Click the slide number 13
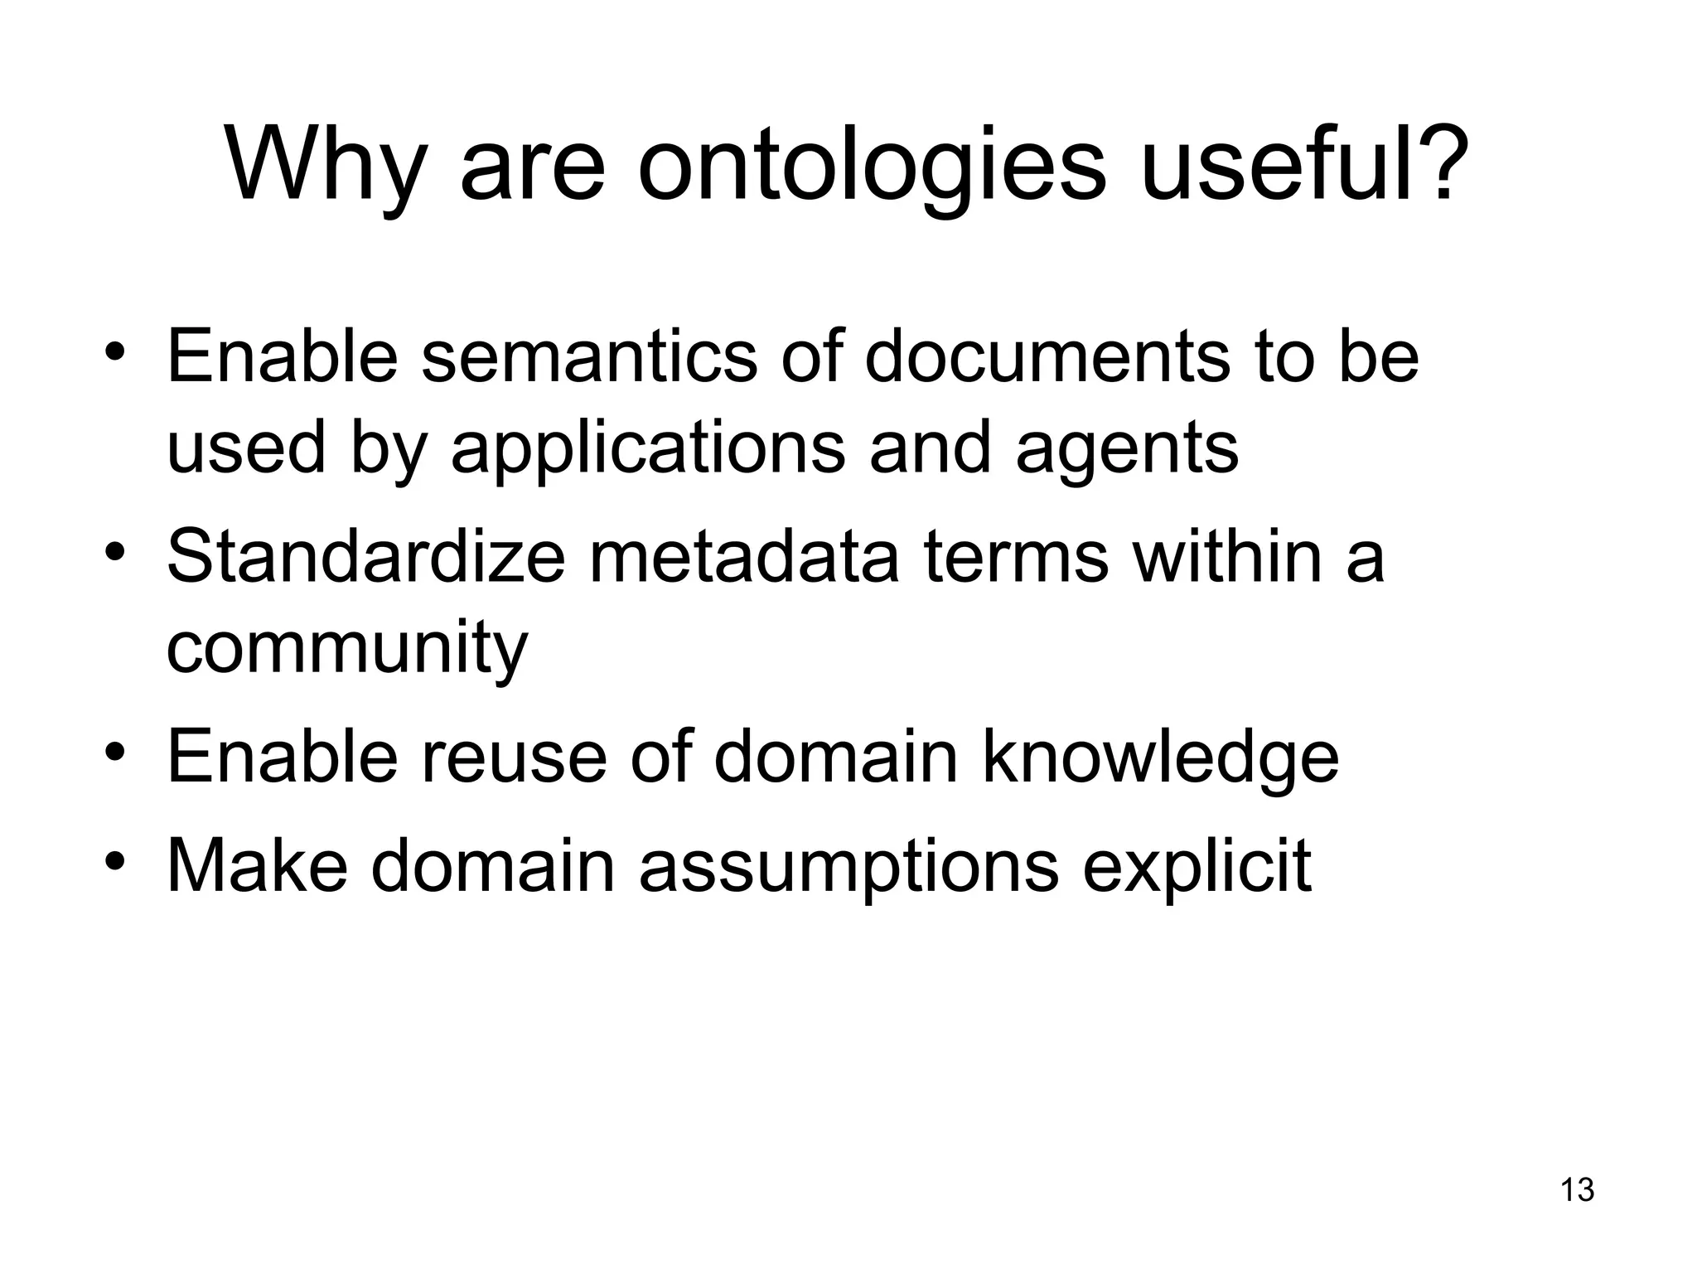click(x=1577, y=1190)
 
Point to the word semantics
click(x=588, y=356)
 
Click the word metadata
click(x=743, y=555)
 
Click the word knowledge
click(x=1160, y=758)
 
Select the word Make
click(x=257, y=865)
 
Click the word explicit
click(x=1197, y=867)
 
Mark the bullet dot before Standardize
click(x=115, y=553)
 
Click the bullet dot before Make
click(x=115, y=862)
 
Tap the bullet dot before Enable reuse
click(x=115, y=753)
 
